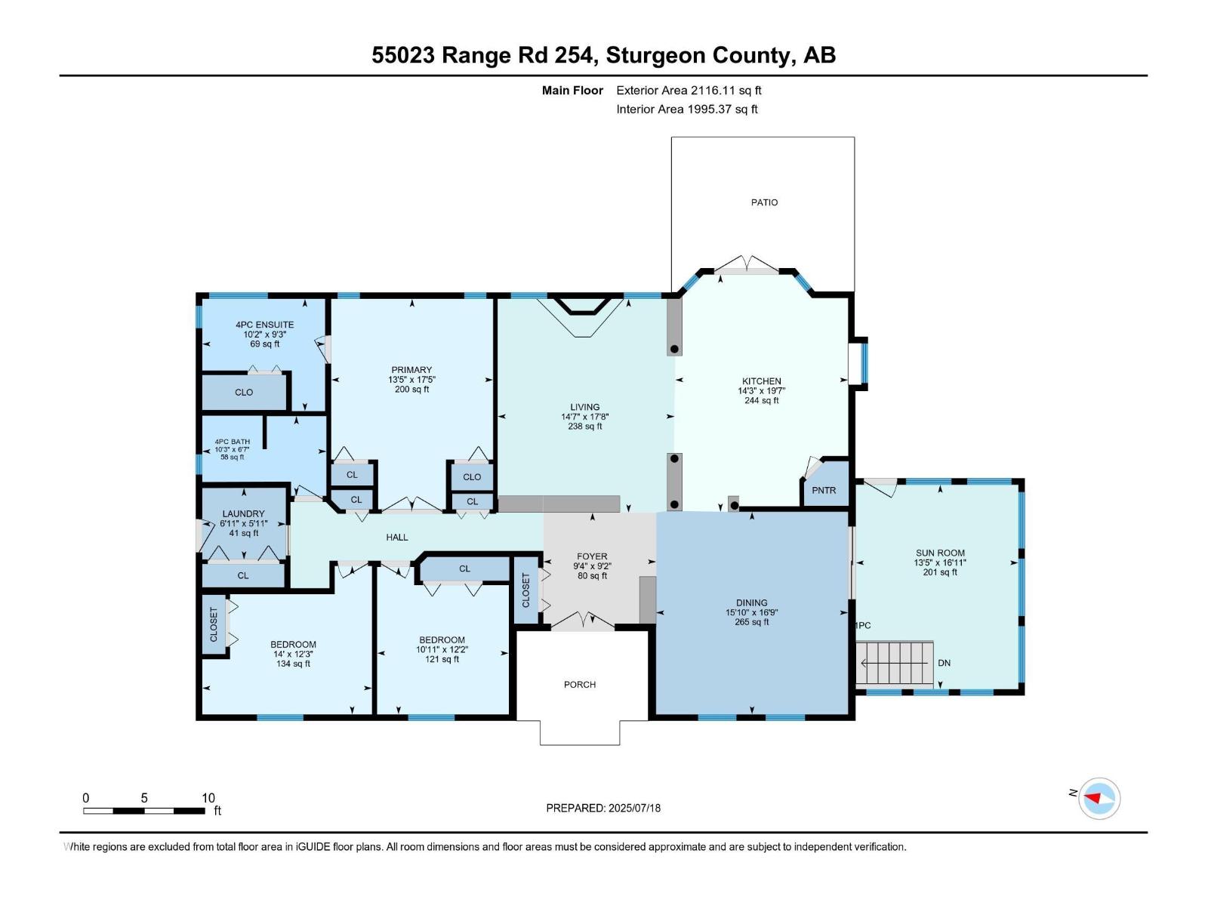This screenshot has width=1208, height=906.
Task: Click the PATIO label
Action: tap(764, 202)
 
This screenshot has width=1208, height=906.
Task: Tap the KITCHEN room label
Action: tap(761, 381)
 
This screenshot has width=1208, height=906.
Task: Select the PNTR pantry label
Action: tap(824, 491)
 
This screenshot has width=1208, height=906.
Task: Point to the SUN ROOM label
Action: tap(940, 553)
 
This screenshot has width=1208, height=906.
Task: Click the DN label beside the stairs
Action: tap(944, 663)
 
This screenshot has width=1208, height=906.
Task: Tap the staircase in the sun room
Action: tap(895, 663)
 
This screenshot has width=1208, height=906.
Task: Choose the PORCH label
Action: tap(580, 685)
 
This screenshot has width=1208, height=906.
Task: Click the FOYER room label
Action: tap(592, 556)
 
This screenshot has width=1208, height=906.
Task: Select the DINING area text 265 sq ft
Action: tap(751, 622)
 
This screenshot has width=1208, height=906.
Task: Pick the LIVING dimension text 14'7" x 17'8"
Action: tap(584, 417)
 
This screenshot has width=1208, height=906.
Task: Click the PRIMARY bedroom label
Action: tap(411, 370)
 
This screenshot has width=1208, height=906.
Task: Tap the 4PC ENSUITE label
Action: tap(264, 325)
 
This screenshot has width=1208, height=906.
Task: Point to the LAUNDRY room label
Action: tap(243, 513)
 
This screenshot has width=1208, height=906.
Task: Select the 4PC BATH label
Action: tap(232, 442)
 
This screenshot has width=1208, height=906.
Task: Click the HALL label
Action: tap(397, 538)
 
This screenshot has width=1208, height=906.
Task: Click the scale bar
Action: tap(143, 811)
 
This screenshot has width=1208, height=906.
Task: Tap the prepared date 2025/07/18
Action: tap(633, 808)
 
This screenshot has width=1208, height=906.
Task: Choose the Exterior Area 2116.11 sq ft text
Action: tap(689, 91)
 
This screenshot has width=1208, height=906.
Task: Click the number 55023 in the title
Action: tap(403, 55)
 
